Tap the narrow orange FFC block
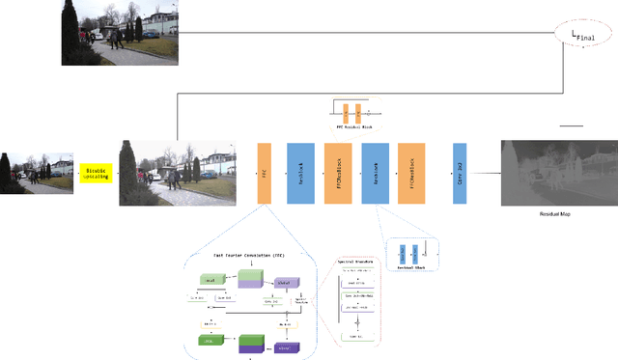pyautogui.click(x=264, y=173)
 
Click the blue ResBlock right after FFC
pyautogui.click(x=300, y=173)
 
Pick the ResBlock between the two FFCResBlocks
pyautogui.click(x=375, y=173)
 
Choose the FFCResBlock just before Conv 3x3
pyautogui.click(x=411, y=173)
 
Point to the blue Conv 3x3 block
pyautogui.click(x=460, y=173)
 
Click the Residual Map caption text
pyautogui.click(x=554, y=213)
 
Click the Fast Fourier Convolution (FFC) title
pyautogui.click(x=248, y=255)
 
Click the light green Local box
pyautogui.click(x=211, y=280)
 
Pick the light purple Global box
pyautogui.click(x=285, y=282)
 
